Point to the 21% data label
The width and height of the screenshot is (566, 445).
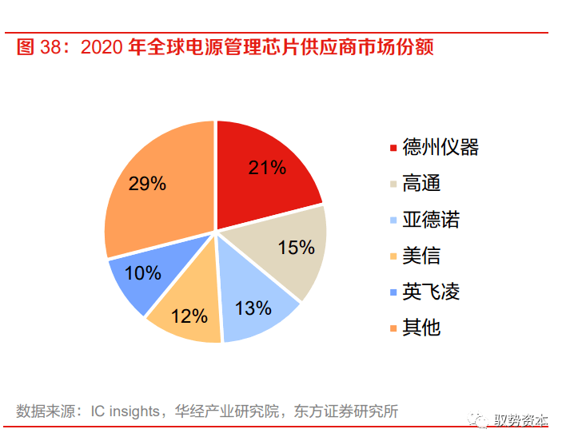[x=267, y=167]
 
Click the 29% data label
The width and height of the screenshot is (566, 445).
[x=147, y=184]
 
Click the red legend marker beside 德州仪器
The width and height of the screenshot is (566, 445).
[x=393, y=148]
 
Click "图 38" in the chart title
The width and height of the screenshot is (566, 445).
[x=34, y=47]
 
